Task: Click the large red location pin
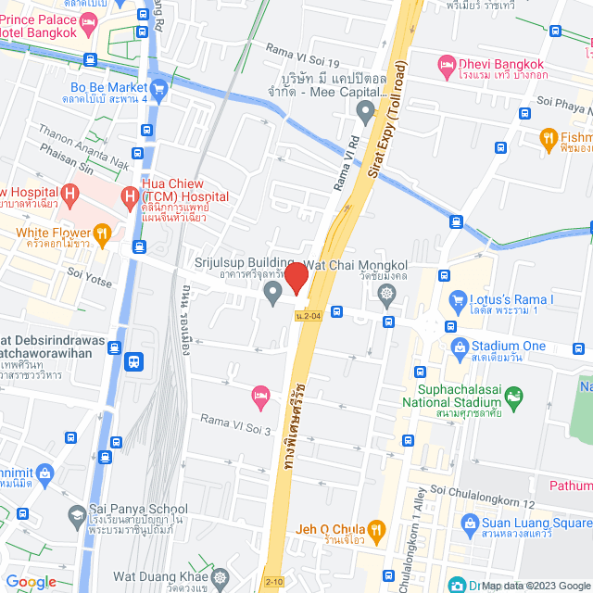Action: tap(296, 278)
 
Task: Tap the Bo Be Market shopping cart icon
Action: tap(158, 90)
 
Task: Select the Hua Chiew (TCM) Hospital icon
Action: tap(129, 196)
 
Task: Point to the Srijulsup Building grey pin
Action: tap(272, 294)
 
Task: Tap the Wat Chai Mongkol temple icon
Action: tap(386, 294)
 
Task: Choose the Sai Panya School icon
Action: tap(77, 513)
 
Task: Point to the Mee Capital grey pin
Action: tap(365, 112)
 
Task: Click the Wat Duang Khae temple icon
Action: tap(219, 577)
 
